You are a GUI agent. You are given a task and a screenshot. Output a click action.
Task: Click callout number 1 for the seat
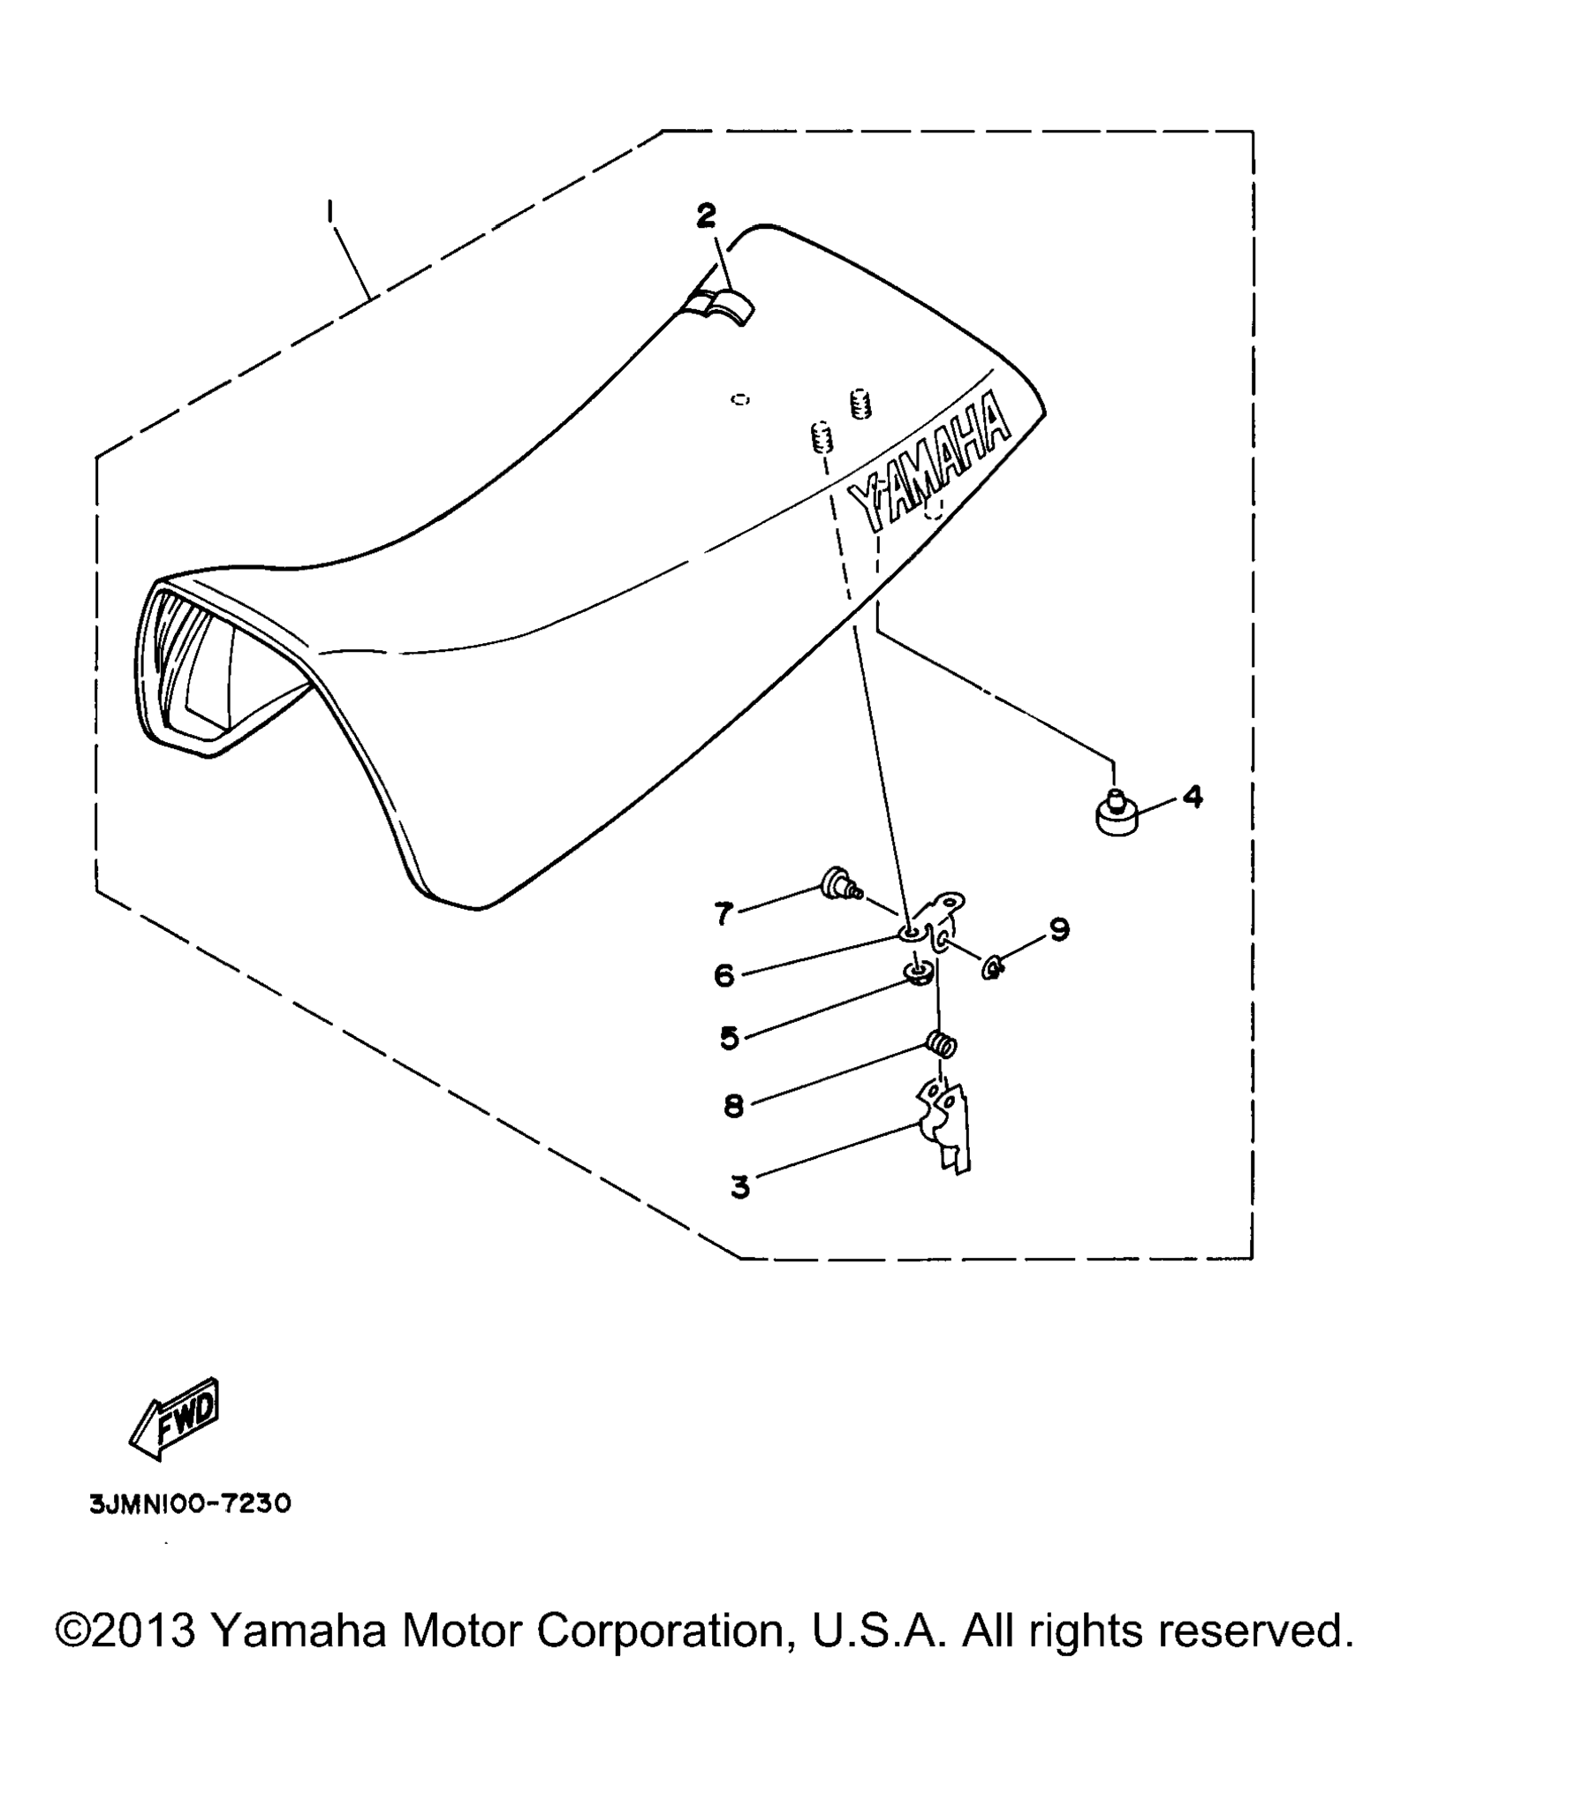click(x=329, y=211)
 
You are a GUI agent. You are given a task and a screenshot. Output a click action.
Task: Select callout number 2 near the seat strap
click(x=706, y=216)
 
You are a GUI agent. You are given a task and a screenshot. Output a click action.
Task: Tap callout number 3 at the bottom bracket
click(x=740, y=1187)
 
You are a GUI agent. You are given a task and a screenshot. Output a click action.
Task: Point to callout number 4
click(x=1193, y=797)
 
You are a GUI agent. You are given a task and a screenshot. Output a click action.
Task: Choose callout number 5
click(x=729, y=1038)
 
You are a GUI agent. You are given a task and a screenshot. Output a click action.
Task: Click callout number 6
click(x=724, y=975)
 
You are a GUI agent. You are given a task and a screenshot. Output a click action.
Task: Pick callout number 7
click(x=724, y=913)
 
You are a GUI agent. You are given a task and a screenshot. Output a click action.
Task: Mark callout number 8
click(x=734, y=1107)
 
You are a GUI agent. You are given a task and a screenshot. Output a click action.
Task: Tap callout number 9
click(x=1059, y=929)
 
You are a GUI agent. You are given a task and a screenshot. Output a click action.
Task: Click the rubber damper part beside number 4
click(x=1116, y=814)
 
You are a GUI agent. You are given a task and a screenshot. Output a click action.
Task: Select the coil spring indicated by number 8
click(x=942, y=1044)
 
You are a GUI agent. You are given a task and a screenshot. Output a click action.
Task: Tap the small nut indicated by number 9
click(x=993, y=970)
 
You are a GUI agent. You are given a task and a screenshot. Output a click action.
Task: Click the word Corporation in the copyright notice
click(x=661, y=1631)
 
